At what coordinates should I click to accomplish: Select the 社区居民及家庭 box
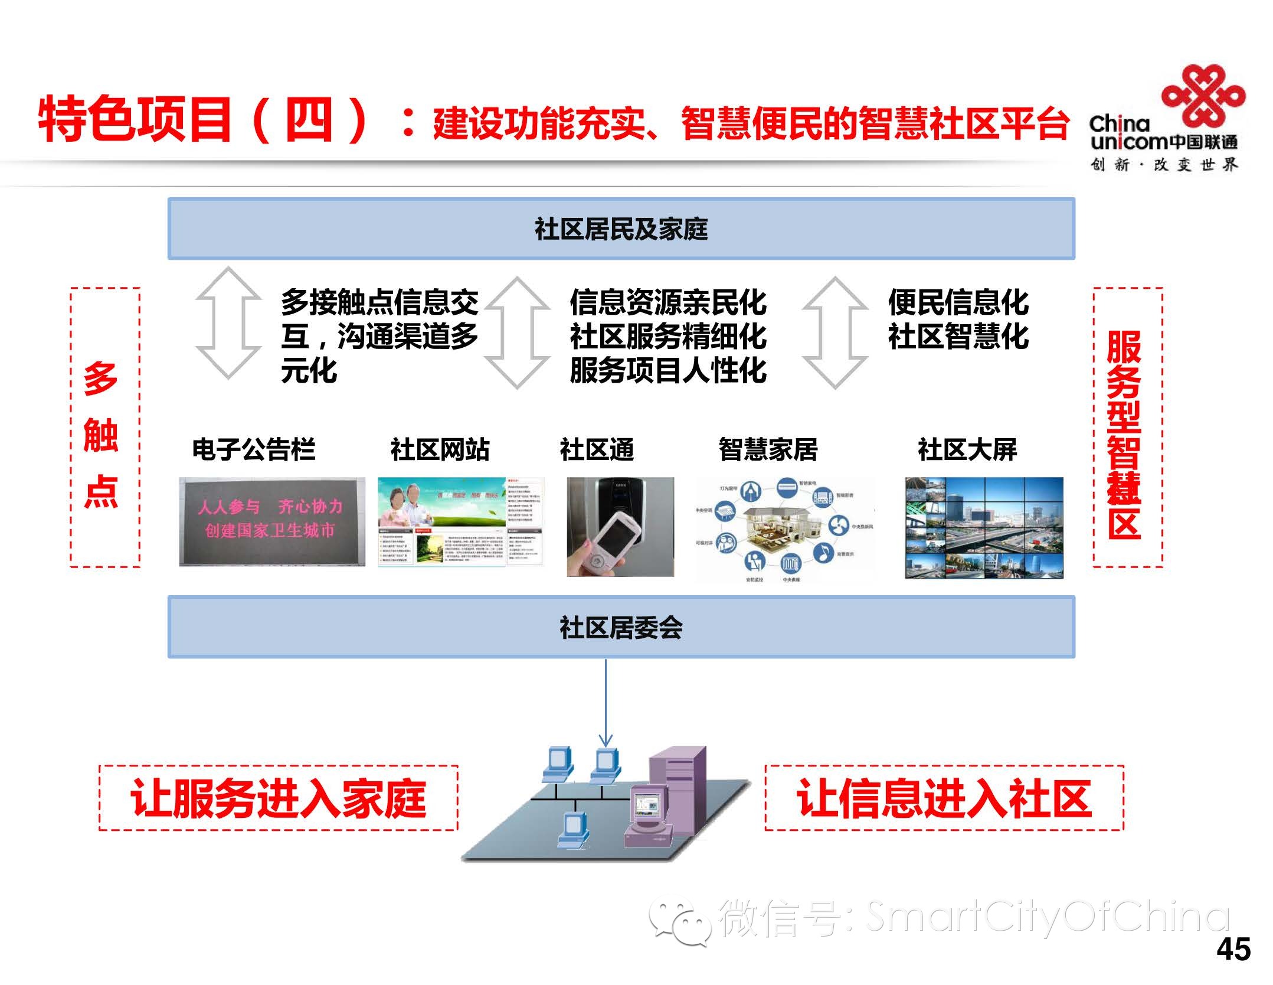(621, 229)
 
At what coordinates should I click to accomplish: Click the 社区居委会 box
(621, 627)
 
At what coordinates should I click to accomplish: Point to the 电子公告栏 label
(253, 449)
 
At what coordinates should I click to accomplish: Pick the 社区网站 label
(440, 449)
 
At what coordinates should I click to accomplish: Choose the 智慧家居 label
(768, 449)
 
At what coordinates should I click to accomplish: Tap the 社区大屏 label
(967, 449)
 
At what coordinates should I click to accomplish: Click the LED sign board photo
(272, 521)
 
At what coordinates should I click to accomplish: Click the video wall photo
(984, 527)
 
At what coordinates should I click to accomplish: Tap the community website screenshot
(460, 521)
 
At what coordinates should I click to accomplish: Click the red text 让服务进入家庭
(278, 798)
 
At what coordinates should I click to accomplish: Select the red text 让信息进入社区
(944, 798)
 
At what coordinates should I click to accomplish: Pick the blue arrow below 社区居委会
(606, 703)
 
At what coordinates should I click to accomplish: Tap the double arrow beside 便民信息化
(835, 332)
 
